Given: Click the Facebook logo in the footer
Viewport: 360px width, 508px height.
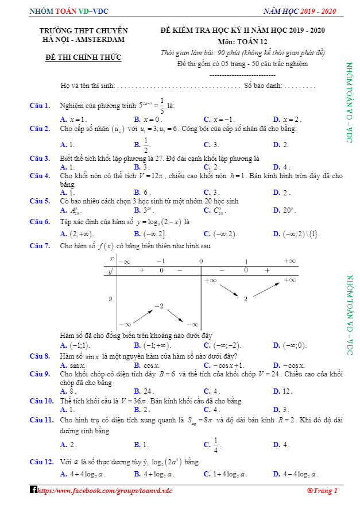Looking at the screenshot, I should [x=33, y=490].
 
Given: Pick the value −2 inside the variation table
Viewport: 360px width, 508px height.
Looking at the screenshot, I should [x=159, y=307].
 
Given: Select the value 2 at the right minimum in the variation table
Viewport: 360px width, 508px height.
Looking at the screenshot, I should [x=245, y=299].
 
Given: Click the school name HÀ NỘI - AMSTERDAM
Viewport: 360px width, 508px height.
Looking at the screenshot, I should [x=84, y=39].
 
